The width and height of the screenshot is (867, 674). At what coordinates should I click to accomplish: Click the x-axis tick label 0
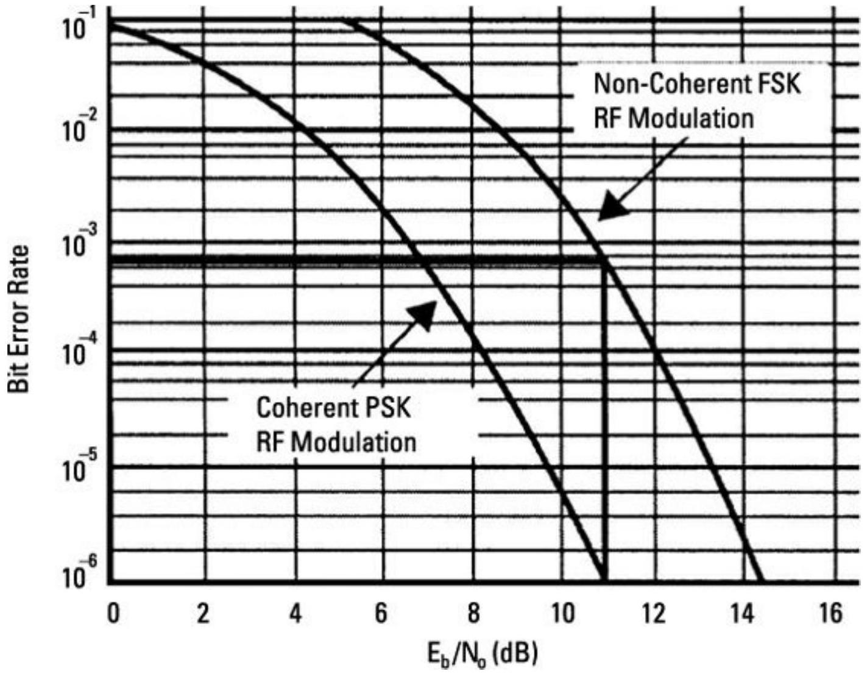(113, 613)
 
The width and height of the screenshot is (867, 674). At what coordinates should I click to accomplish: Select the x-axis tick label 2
(203, 613)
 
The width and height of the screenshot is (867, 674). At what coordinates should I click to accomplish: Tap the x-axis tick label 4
(295, 613)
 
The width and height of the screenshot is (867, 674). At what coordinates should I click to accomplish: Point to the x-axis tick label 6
(381, 613)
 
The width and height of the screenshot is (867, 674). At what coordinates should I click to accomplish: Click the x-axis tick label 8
(473, 613)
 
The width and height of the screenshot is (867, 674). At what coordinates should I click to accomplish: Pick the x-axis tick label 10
(562, 613)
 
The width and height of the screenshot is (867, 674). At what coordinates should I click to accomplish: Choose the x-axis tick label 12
(654, 613)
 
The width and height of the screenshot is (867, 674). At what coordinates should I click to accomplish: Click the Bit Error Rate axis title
(19, 319)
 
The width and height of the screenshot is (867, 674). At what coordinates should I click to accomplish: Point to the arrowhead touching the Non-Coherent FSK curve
(609, 210)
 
